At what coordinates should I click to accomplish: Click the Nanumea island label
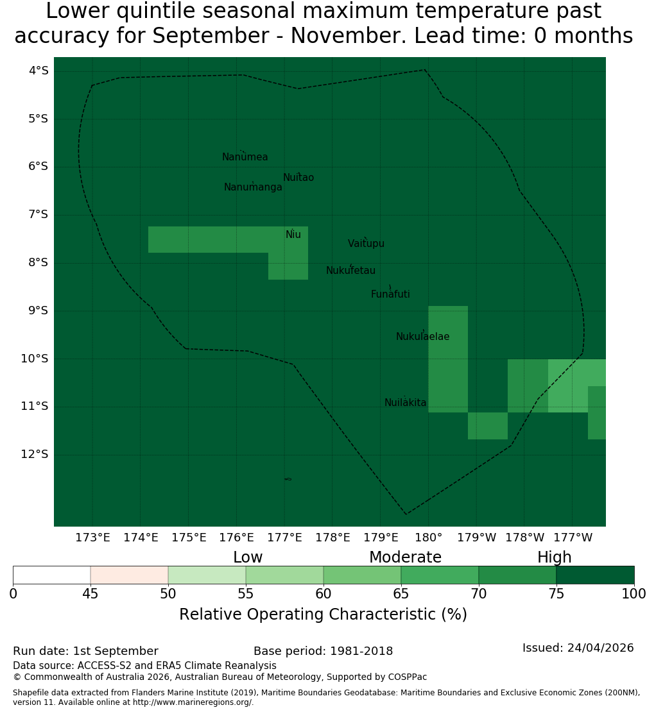[x=245, y=157]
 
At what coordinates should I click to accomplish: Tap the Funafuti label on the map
[x=390, y=294]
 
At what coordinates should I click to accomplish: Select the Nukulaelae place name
[x=422, y=337]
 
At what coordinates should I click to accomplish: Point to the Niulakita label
[x=405, y=402]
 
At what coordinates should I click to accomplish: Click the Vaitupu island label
[x=367, y=243]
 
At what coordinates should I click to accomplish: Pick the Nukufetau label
[x=350, y=270]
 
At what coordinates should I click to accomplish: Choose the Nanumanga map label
[x=253, y=187]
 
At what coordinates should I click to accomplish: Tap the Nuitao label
[x=298, y=177]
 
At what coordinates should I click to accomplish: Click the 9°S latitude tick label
[x=38, y=310]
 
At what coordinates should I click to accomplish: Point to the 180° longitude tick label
[x=429, y=538]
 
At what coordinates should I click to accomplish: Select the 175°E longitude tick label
[x=189, y=538]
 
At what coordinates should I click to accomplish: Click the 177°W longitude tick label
[x=573, y=538]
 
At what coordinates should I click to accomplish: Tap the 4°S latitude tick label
[x=38, y=71]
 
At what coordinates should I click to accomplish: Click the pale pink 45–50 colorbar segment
[x=130, y=575]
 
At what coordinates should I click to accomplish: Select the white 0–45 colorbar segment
[x=52, y=575]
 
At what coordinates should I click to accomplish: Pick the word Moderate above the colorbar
[x=405, y=557]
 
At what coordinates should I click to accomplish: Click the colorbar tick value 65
[x=401, y=593]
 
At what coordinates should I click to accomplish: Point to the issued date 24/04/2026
[x=600, y=648]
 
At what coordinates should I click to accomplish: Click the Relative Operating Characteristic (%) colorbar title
[x=323, y=615]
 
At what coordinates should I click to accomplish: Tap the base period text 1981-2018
[x=361, y=651]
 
